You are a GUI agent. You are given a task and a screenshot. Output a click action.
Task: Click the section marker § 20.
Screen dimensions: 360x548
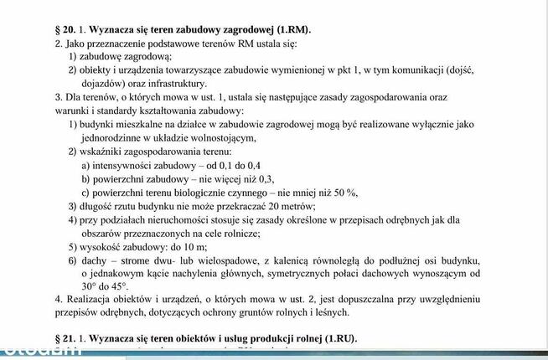(65, 28)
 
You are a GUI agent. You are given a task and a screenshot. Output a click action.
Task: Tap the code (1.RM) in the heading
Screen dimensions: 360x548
(304, 28)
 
